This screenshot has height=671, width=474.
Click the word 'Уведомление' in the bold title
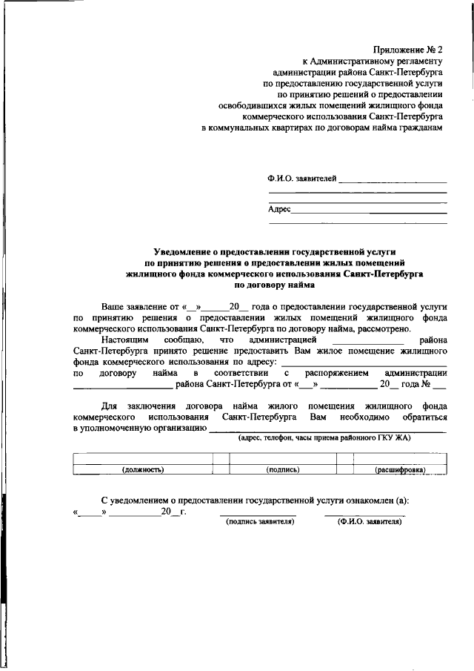point(184,252)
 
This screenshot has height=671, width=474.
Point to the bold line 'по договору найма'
point(274,284)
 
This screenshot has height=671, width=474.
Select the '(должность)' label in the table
point(142,469)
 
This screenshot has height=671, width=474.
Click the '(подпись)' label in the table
point(282,469)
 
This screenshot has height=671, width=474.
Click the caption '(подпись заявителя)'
point(260,522)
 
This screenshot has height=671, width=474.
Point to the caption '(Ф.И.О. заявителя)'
point(369,522)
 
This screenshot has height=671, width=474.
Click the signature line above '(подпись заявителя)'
point(258,515)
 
